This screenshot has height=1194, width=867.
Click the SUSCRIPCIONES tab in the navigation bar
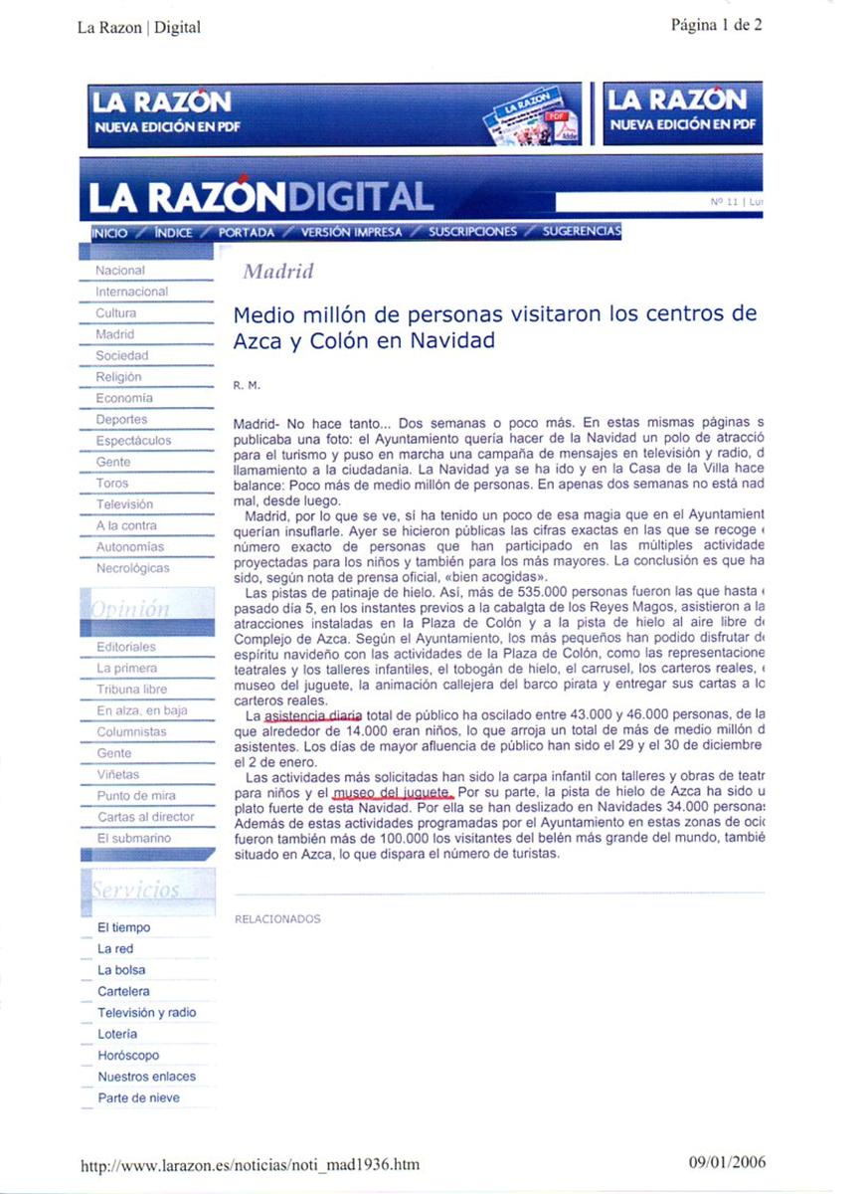pos(473,232)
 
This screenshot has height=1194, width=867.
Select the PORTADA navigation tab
pos(247,232)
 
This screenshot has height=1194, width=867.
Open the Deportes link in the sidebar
pos(121,420)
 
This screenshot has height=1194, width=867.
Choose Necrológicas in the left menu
pos(132,568)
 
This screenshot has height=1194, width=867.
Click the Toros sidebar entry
pos(112,483)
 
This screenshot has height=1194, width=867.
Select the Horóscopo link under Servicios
pos(128,1055)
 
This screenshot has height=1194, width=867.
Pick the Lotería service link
pos(118,1034)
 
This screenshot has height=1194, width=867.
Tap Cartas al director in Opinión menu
pos(146,817)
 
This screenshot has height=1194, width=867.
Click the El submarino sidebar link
pos(133,838)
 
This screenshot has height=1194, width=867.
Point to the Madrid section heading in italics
pos(278,272)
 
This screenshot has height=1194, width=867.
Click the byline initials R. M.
pos(246,384)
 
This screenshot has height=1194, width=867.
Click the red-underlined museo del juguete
pos(393,792)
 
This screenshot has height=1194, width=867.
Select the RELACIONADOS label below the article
pos(277,918)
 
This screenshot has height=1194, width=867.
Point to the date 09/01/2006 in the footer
pos(726,1162)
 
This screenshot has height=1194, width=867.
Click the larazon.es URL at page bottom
pos(250,1163)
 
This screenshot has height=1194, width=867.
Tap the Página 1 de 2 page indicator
pos(716,26)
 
